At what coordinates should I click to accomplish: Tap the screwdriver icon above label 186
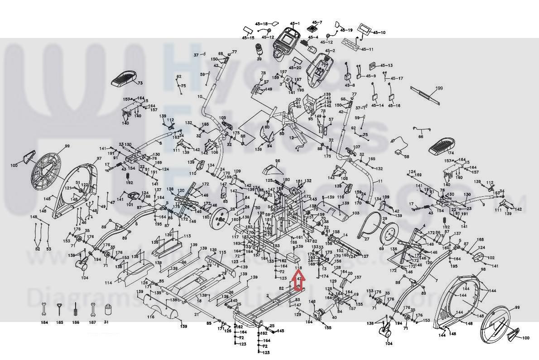75,311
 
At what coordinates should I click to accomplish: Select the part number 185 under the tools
60,322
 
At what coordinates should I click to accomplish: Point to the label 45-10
380,33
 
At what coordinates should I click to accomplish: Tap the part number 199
438,88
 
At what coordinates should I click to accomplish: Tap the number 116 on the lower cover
150,317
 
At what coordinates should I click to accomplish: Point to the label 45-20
294,68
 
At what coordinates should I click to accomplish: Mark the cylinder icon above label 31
107,311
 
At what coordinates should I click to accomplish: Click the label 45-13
386,66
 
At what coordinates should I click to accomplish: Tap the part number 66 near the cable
420,136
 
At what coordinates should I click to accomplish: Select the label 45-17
396,78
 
